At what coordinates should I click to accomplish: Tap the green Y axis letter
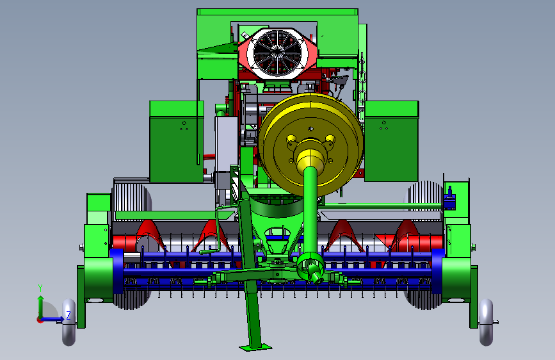[40, 288]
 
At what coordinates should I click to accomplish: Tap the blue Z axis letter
[68, 315]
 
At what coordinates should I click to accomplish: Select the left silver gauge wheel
[69, 322]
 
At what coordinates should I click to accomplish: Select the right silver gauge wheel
[486, 322]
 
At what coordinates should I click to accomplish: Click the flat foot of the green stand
[255, 347]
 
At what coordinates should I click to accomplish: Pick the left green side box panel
[177, 142]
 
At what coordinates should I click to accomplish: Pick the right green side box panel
[392, 141]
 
